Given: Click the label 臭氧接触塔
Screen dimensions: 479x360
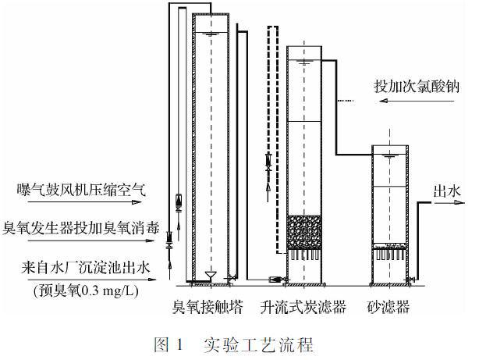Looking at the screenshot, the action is (x=208, y=307).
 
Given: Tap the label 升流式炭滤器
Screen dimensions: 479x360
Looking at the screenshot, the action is (x=303, y=307).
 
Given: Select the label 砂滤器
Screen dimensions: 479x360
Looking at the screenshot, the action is (x=388, y=307).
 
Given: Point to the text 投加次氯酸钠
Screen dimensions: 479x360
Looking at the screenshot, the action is (x=417, y=86).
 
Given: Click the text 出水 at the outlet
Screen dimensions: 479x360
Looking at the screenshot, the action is (x=447, y=192).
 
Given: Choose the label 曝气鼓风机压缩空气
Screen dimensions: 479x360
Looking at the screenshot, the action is (x=82, y=190).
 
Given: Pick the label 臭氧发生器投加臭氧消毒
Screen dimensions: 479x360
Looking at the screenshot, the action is (x=81, y=228).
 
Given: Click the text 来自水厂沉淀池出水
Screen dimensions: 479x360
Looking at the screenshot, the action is (x=86, y=268).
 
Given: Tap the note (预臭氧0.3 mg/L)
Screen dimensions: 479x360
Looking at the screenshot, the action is (x=86, y=290).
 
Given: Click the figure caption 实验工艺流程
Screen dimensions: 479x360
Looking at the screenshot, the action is (x=258, y=344).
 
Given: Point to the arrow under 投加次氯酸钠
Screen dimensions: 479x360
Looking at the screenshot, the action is (x=417, y=100).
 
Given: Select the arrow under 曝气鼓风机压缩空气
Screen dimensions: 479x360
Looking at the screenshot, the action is (x=84, y=202).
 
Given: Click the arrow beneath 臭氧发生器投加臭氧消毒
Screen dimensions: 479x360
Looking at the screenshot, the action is (x=91, y=241).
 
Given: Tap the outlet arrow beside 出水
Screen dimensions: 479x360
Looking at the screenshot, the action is (x=449, y=202).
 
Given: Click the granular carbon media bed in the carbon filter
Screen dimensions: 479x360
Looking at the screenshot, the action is (x=304, y=232).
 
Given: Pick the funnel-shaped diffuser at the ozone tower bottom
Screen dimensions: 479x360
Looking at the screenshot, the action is (x=211, y=276).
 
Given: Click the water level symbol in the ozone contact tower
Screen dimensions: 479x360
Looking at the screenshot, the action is (x=211, y=34).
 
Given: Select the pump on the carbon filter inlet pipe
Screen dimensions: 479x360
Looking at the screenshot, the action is (x=275, y=280).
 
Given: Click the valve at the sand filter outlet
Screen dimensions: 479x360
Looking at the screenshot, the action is (x=411, y=280).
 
